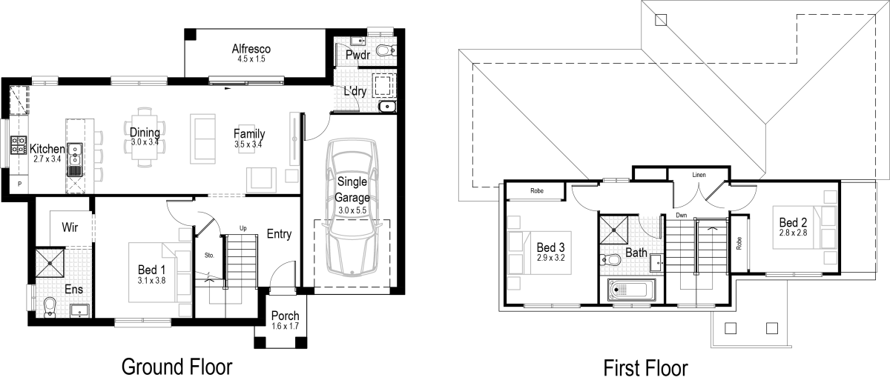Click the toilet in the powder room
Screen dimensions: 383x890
(x=385, y=50)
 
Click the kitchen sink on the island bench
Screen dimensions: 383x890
(x=74, y=156)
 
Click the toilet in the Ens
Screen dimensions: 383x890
(x=49, y=305)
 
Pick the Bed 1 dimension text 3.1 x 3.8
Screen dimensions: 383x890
(x=151, y=281)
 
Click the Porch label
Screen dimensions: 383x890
(x=285, y=316)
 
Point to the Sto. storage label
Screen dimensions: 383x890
(x=209, y=255)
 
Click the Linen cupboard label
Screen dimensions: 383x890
(x=698, y=174)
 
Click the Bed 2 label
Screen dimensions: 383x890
(x=792, y=222)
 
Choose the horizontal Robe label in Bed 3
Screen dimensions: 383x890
(x=536, y=190)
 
